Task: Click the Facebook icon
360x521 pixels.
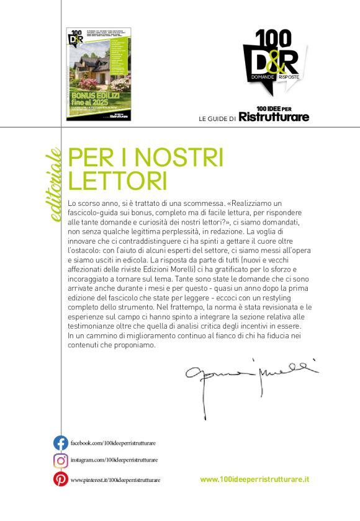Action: point(60,443)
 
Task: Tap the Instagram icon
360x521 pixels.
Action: point(60,461)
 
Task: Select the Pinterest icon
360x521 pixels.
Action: point(60,479)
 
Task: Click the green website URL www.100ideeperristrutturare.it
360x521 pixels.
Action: point(254,479)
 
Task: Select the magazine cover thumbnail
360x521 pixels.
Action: point(93,74)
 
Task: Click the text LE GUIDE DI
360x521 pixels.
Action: point(217,118)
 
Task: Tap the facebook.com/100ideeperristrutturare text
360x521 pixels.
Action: point(113,443)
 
